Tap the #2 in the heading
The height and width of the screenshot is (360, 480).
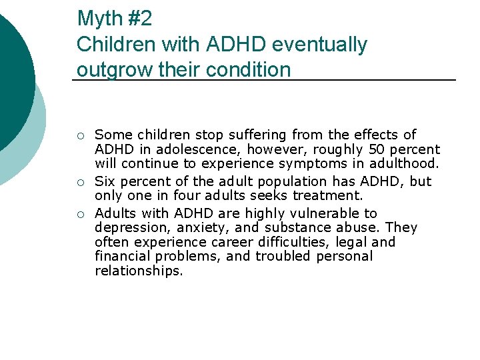point(139,19)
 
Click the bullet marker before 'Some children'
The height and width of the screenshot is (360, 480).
point(80,135)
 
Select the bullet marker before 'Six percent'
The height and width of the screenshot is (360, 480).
point(80,182)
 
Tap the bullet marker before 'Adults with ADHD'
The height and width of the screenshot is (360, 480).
point(80,214)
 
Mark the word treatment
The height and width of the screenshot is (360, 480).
point(329,196)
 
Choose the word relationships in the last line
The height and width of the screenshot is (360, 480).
point(138,271)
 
